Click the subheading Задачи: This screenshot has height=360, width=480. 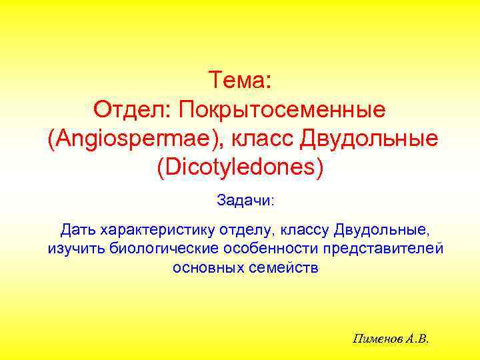pos(240,199)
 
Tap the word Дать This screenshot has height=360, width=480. pos(78,231)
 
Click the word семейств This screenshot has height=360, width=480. pos(279,268)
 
